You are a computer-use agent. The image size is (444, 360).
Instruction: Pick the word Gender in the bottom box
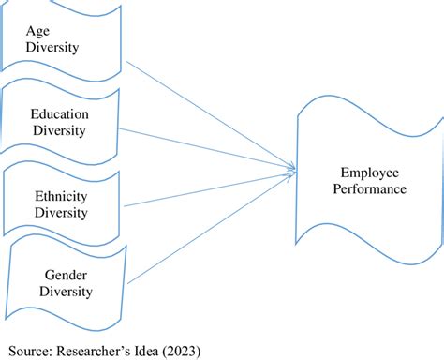coord(67,275)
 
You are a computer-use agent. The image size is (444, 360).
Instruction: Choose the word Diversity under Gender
coord(66,291)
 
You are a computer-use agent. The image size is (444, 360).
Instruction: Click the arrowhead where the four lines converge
coord(293,169)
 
